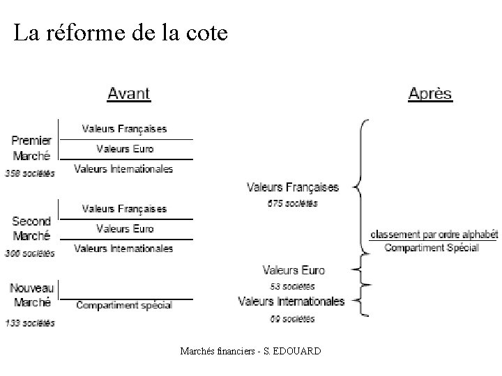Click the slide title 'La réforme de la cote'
pyautogui.click(x=121, y=33)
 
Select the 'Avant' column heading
pyautogui.click(x=128, y=93)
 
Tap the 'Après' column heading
pyautogui.click(x=430, y=94)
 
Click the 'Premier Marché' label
pyautogui.click(x=31, y=148)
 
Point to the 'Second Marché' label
pyautogui.click(x=31, y=228)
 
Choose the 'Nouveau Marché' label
pyautogui.click(x=31, y=295)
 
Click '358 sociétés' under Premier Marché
pyautogui.click(x=29, y=173)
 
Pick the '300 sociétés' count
pyautogui.click(x=29, y=253)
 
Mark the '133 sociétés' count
pyautogui.click(x=29, y=322)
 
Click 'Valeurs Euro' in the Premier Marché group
pyautogui.click(x=125, y=148)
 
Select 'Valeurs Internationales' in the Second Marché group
pyautogui.click(x=123, y=248)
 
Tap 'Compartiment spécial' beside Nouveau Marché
pyautogui.click(x=124, y=305)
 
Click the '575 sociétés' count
pyautogui.click(x=292, y=203)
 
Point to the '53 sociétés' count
pyautogui.click(x=292, y=286)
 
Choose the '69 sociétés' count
pyautogui.click(x=292, y=319)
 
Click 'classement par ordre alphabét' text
pyautogui.click(x=433, y=235)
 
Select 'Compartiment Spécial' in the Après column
pyautogui.click(x=432, y=248)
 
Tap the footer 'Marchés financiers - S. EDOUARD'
pyautogui.click(x=250, y=351)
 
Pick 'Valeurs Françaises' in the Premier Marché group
pyautogui.click(x=124, y=129)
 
